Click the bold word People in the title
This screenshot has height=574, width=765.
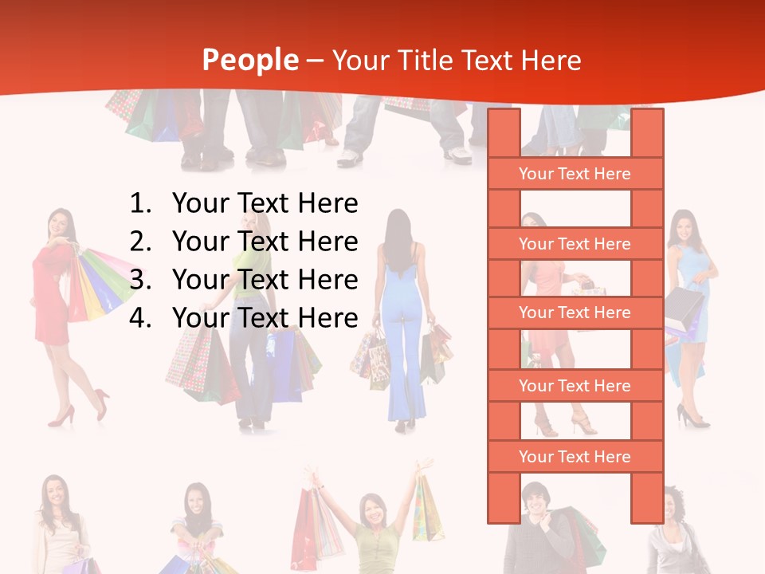click(250, 60)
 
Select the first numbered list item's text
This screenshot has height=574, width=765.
click(265, 203)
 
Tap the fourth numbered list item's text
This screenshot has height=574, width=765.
click(265, 318)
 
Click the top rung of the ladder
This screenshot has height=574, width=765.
click(575, 174)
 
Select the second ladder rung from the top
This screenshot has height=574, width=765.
click(575, 244)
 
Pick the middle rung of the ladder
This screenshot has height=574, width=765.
click(575, 313)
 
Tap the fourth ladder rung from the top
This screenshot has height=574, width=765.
click(575, 386)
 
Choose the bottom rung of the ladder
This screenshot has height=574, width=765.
click(575, 457)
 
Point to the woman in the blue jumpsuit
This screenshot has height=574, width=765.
click(404, 319)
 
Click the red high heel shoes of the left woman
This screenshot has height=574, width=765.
click(80, 411)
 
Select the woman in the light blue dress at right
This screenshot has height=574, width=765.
click(687, 303)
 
